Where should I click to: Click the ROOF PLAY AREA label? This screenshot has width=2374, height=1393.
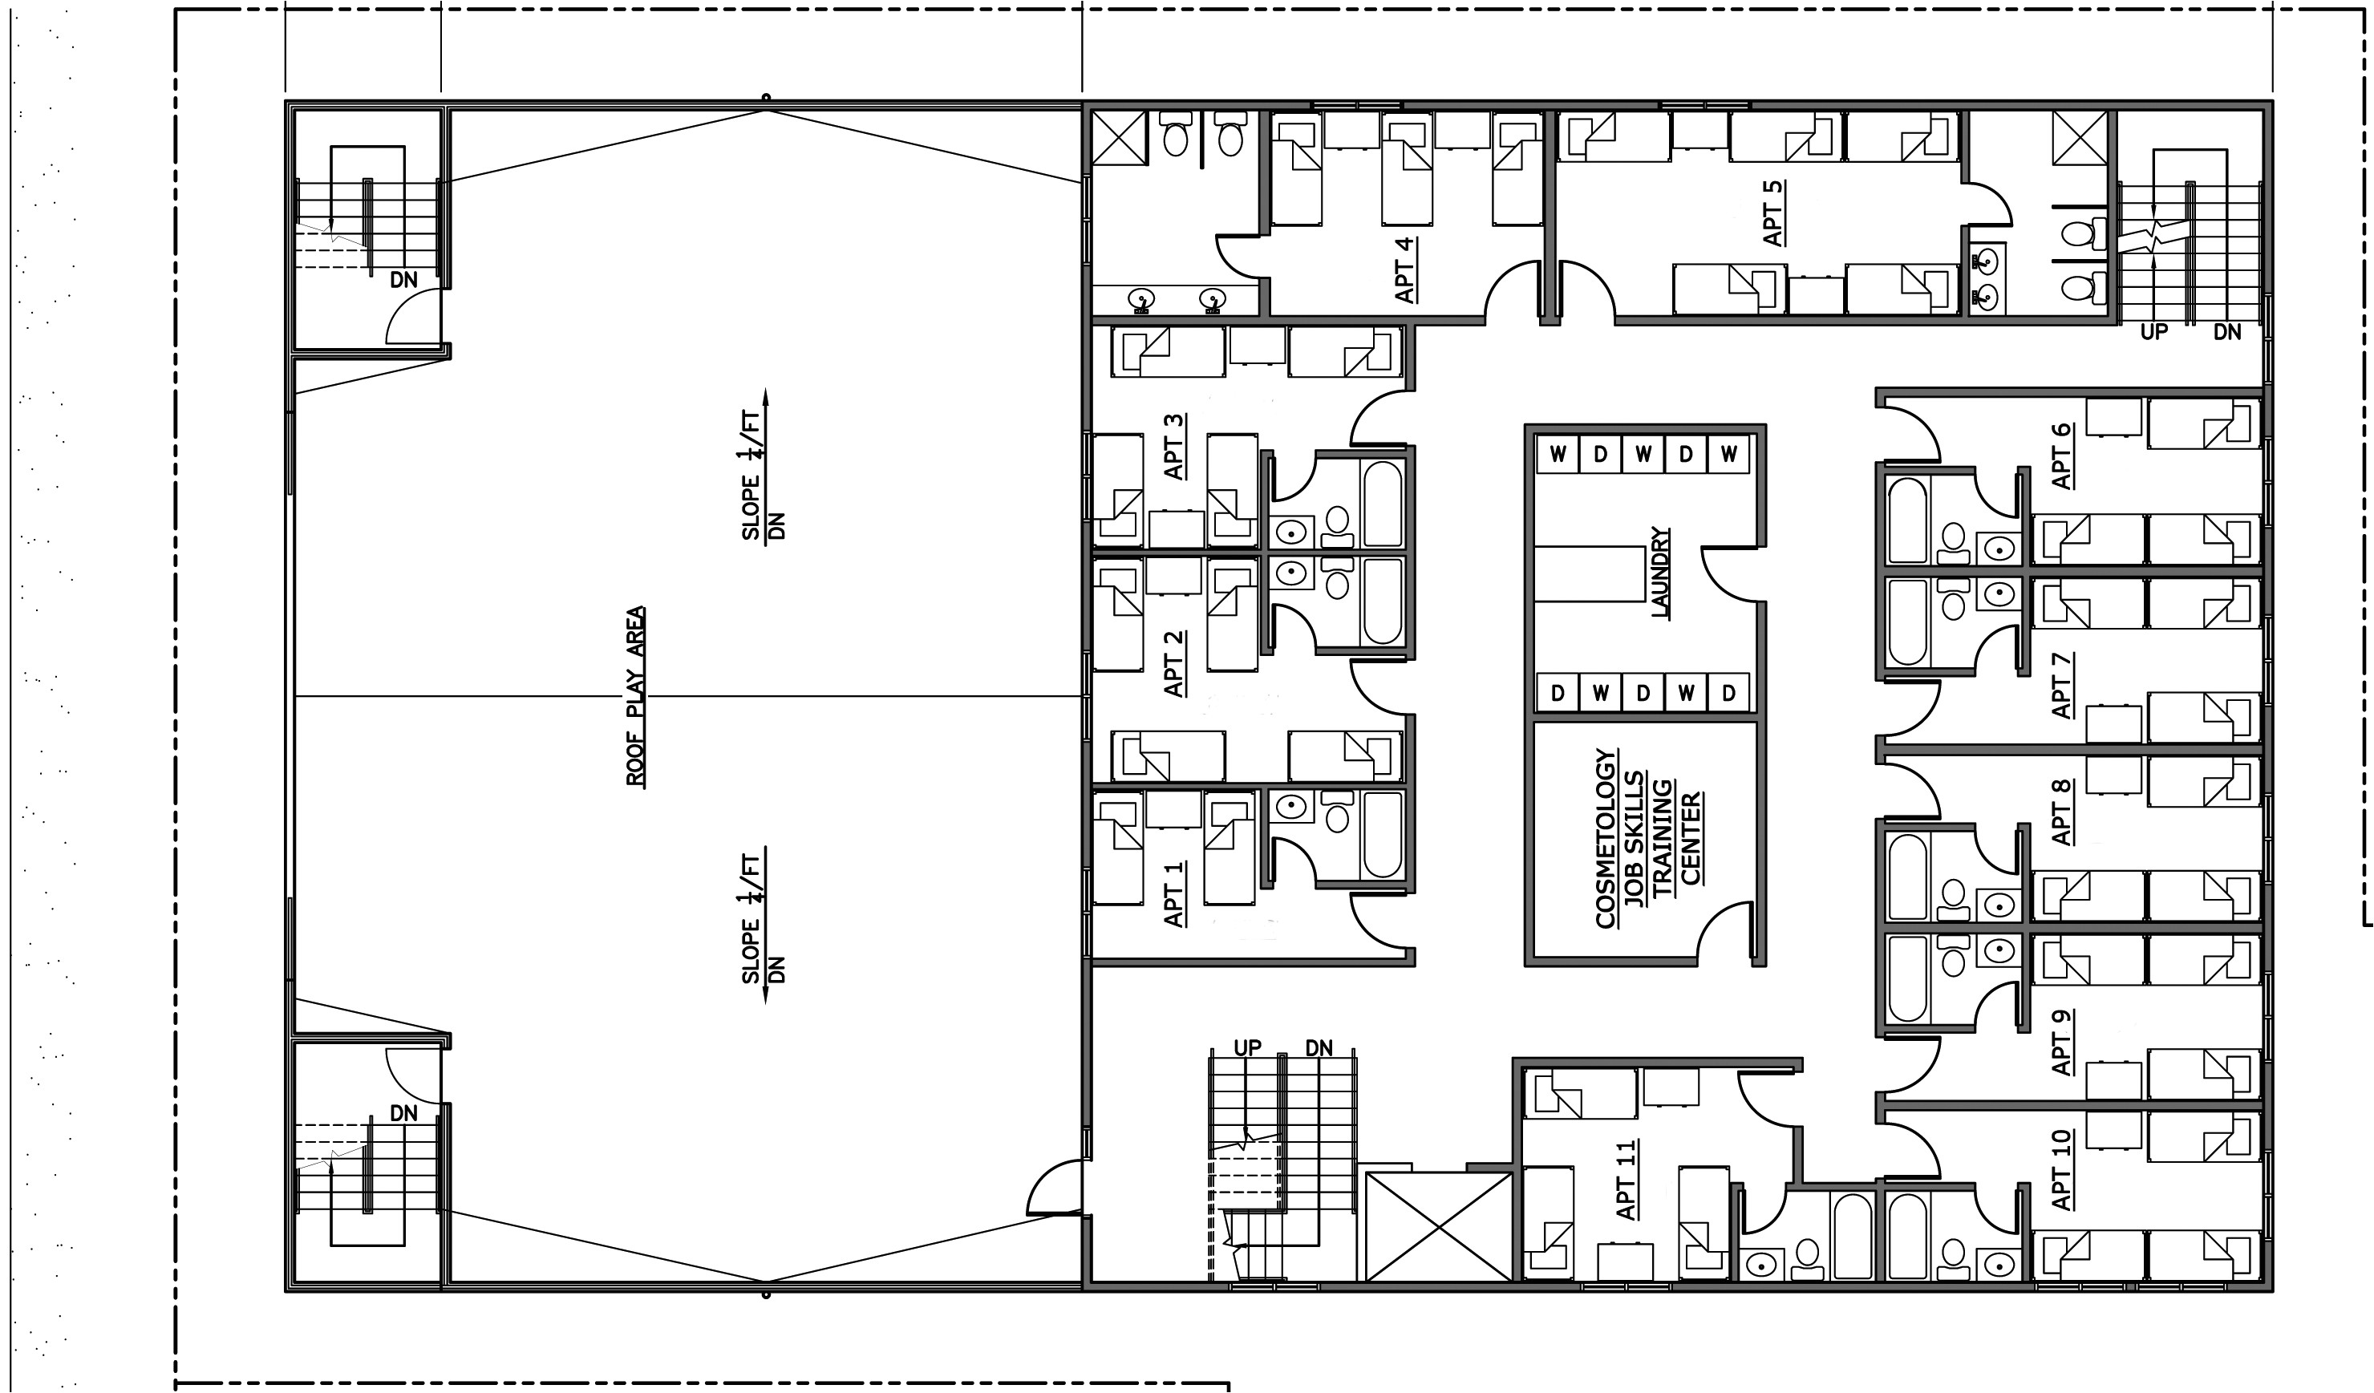click(x=637, y=696)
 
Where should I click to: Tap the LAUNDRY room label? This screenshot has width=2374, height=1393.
click(x=1661, y=572)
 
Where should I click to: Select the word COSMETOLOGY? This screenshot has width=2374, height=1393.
click(x=1606, y=838)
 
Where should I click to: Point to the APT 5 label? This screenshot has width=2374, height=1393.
click(x=1773, y=213)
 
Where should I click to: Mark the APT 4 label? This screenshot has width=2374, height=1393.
click(x=1404, y=270)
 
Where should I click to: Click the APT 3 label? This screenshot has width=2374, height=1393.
click(x=1174, y=447)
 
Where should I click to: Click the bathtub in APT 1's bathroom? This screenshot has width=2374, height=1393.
click(x=1383, y=835)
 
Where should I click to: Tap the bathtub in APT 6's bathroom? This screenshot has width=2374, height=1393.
click(x=1909, y=520)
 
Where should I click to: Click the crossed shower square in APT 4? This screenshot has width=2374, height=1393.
click(x=1119, y=137)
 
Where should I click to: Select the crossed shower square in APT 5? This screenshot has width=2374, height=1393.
click(x=2080, y=137)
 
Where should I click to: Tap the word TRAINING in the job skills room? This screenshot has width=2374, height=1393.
click(x=1663, y=837)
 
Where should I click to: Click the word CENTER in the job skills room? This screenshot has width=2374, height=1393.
click(x=1691, y=838)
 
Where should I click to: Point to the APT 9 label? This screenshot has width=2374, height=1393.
click(x=2061, y=1043)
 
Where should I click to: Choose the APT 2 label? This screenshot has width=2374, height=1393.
click(x=1174, y=664)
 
